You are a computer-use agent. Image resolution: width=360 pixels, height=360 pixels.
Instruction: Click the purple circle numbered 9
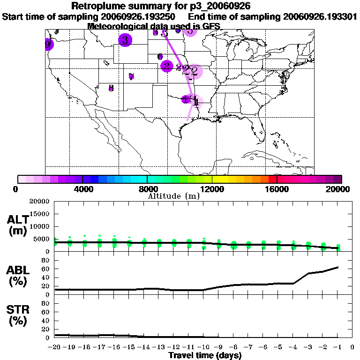47,45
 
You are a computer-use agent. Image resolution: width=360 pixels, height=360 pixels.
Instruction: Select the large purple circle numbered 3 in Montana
125,40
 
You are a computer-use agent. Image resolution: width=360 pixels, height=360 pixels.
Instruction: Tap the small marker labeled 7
131,77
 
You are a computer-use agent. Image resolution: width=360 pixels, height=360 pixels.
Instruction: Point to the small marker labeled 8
111,88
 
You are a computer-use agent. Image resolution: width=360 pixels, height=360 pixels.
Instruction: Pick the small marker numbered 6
160,56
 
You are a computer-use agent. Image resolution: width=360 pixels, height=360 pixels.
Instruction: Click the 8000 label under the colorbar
147,189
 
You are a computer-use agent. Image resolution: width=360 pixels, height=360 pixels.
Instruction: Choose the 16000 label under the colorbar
277,189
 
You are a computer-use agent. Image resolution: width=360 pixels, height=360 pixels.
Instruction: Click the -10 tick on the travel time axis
203,347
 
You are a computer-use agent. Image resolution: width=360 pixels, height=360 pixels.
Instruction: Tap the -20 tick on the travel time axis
55,347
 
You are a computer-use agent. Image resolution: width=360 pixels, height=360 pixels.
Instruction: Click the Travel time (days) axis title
205,356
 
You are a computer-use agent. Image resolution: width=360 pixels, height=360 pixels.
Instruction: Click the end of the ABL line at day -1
338,267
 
